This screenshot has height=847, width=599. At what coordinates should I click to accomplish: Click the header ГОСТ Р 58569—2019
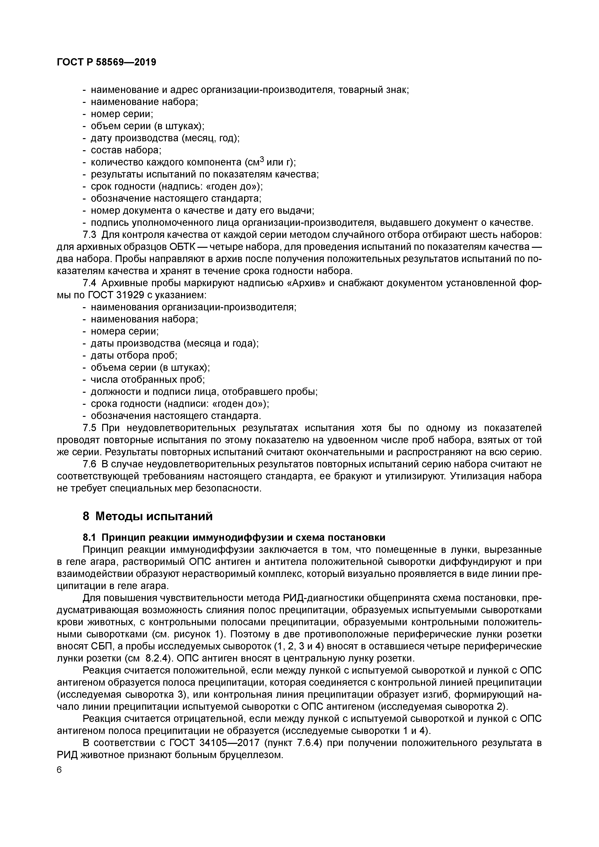click(106, 62)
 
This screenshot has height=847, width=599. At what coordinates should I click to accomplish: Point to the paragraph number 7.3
click(90, 235)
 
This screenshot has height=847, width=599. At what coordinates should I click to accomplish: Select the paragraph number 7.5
click(90, 428)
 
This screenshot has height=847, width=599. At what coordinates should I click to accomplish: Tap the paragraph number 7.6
click(90, 464)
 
